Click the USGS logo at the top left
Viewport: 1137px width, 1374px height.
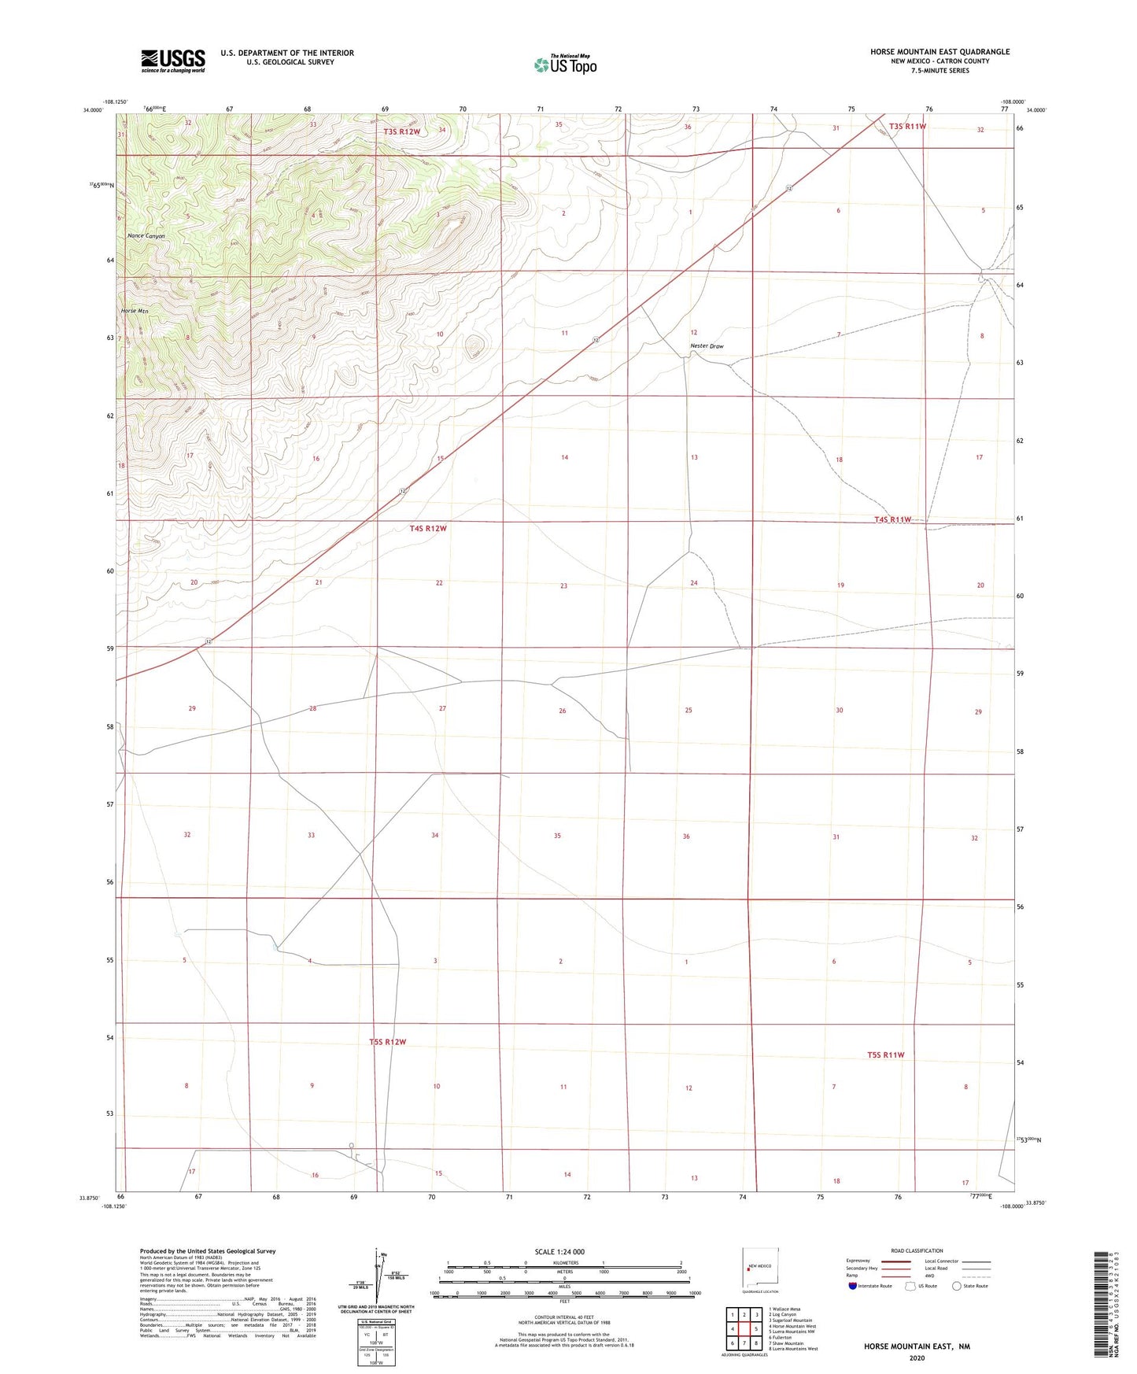[x=173, y=61]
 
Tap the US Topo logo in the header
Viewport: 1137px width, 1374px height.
[x=565, y=65]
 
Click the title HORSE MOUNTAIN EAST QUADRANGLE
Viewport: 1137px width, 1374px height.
[x=940, y=52]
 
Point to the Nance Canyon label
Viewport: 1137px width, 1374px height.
[x=146, y=236]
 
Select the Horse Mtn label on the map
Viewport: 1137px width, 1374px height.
[x=135, y=311]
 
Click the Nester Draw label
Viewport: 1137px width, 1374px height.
[x=707, y=346]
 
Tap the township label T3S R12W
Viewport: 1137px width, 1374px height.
[x=403, y=131]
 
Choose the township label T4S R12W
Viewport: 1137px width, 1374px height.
[x=428, y=528]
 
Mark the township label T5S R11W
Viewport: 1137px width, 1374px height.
[x=886, y=1055]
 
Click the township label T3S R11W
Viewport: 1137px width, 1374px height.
[x=907, y=126]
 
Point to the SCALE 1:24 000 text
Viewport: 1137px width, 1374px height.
[x=559, y=1251]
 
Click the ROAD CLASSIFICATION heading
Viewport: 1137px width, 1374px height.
[x=917, y=1250]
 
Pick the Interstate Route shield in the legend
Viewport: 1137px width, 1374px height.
[x=854, y=1286]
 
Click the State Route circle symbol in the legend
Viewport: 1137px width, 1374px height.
[x=957, y=1286]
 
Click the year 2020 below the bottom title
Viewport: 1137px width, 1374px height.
[x=917, y=1357]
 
